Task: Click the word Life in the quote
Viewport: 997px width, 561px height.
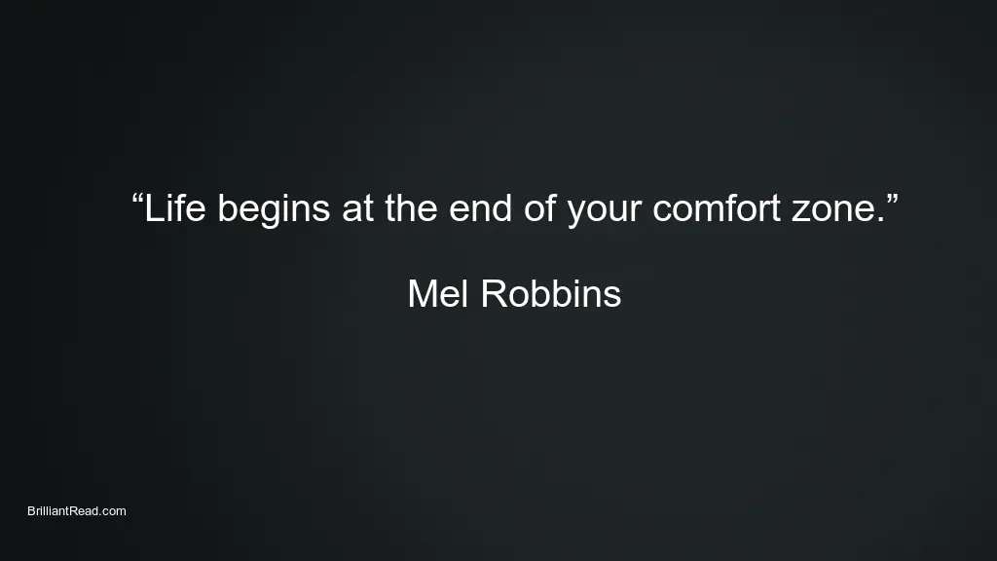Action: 175,208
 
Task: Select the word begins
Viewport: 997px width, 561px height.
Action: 274,211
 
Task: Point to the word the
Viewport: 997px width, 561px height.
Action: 412,208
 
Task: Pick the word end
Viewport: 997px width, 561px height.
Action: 481,208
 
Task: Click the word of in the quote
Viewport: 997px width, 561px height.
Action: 540,208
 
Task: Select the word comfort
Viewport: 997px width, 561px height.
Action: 717,208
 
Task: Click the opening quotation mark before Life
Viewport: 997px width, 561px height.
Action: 137,199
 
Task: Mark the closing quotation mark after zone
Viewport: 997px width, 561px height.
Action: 892,199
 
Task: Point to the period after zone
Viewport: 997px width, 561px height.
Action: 880,220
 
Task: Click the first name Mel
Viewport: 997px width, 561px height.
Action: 438,294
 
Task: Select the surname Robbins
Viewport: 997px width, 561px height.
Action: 551,294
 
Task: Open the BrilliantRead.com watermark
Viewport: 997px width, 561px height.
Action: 77,510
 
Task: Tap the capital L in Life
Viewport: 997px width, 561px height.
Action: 153,208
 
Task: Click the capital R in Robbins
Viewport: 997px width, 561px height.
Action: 495,294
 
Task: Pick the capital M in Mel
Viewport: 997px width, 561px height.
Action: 423,294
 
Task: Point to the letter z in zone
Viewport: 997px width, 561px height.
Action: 801,211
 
